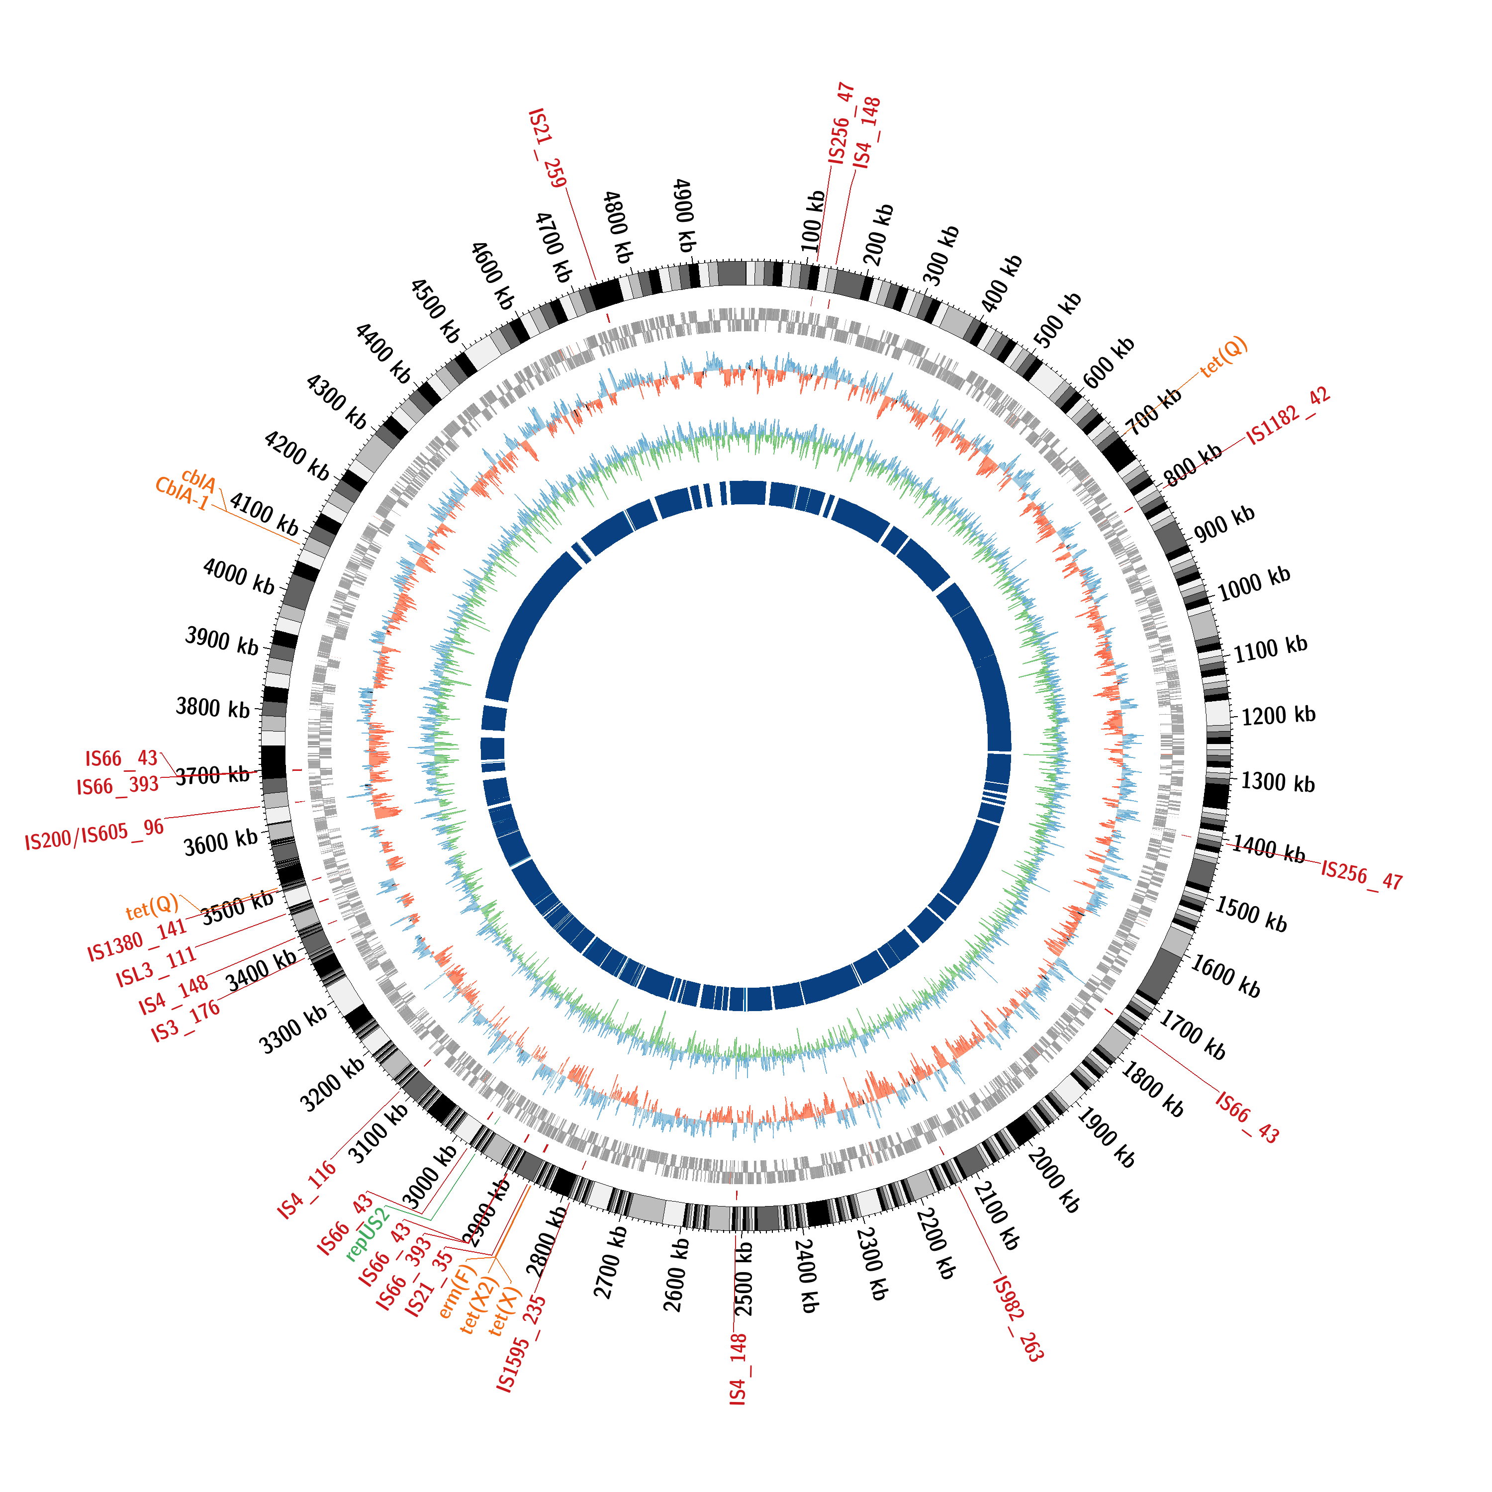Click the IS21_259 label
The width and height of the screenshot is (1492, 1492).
click(547, 148)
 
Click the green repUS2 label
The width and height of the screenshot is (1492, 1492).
click(369, 1234)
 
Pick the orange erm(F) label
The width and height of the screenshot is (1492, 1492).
click(458, 1291)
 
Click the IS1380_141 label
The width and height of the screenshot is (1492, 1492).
click(137, 940)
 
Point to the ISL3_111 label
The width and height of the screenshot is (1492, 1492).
click(156, 968)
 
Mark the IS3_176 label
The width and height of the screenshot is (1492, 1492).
click(186, 1021)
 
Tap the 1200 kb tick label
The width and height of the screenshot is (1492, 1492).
click(1278, 714)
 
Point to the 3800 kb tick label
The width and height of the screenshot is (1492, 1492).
click(212, 707)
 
